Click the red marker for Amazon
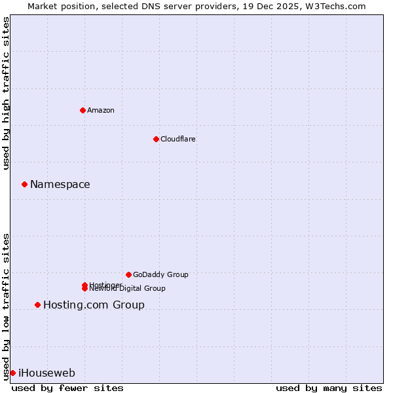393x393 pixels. tap(83, 110)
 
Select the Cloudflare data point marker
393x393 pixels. tap(156, 139)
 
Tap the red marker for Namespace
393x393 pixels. tap(24, 184)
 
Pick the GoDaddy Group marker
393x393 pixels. tap(128, 274)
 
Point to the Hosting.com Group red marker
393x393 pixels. tap(37, 305)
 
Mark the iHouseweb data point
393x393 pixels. tap(12, 373)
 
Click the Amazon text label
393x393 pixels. tap(101, 110)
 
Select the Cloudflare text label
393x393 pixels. tap(178, 139)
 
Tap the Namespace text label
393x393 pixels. tap(60, 185)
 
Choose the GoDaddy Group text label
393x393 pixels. tap(160, 274)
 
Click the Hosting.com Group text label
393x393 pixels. tap(94, 305)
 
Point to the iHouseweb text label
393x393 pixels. tap(47, 373)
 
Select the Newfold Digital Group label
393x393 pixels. tap(128, 289)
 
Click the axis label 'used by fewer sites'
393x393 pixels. tap(67, 388)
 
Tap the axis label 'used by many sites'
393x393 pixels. tap(329, 388)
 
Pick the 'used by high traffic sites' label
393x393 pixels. tap(7, 93)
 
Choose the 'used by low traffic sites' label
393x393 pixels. tap(7, 307)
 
